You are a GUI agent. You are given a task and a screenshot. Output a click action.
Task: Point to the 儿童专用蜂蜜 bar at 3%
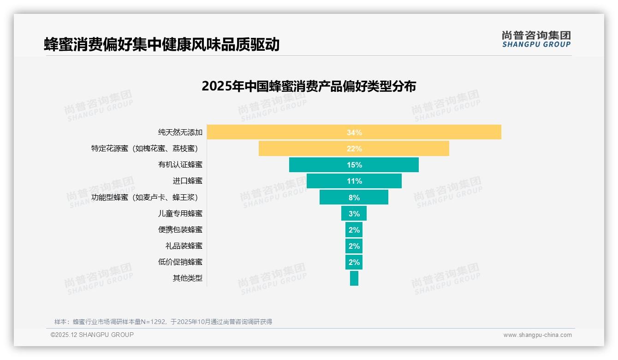point(354,213)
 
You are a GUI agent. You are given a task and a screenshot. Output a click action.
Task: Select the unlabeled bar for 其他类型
point(354,278)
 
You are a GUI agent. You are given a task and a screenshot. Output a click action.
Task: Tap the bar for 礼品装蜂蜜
point(354,246)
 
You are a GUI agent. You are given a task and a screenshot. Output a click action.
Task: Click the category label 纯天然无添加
point(180,132)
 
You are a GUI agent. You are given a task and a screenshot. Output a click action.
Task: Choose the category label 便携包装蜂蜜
point(180,229)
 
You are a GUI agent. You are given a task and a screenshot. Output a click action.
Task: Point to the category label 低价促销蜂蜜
point(180,262)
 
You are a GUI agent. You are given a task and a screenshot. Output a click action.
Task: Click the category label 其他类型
point(187,278)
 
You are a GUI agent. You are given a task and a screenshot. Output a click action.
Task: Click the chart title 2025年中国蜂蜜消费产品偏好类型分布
point(309,86)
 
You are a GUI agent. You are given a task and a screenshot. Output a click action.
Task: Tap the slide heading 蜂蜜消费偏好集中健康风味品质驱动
point(162,45)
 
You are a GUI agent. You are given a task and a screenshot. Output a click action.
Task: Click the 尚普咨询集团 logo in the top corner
point(536,39)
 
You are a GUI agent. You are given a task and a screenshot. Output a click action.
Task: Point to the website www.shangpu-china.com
point(537,335)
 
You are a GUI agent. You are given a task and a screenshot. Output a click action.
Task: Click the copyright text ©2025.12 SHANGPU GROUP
point(92,335)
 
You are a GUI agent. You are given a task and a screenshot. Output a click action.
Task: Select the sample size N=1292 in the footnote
point(155,322)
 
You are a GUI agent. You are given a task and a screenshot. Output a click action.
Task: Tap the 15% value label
point(354,165)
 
